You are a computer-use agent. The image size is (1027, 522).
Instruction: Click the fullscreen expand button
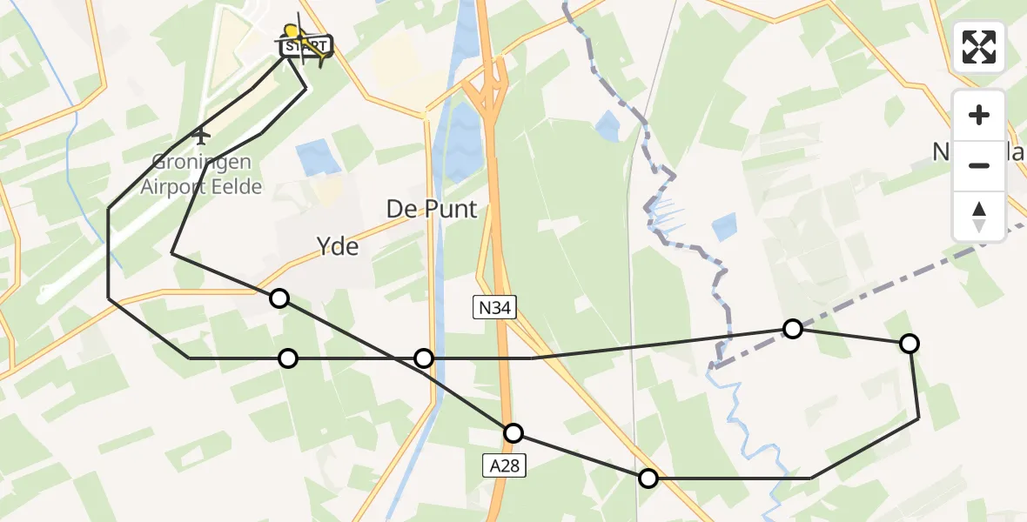point(979,47)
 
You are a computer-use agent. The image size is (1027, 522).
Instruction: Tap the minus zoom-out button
point(979,165)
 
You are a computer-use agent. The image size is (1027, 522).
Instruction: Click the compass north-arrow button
point(979,216)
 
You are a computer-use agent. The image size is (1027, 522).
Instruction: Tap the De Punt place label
point(433,210)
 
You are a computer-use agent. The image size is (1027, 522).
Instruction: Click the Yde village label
point(339,247)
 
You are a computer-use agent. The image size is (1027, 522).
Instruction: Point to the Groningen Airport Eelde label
point(202,174)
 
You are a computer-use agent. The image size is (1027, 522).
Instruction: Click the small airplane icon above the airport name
point(201,135)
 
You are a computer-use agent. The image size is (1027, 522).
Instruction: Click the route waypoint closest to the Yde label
point(279,298)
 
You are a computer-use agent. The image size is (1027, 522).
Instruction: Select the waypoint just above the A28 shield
point(513,432)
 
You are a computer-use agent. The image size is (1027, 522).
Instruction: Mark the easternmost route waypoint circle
point(909,344)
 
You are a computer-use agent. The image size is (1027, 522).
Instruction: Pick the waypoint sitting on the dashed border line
point(792,328)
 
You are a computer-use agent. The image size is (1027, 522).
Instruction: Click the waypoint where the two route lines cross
point(424,358)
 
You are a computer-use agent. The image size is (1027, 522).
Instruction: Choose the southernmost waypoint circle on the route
point(648,478)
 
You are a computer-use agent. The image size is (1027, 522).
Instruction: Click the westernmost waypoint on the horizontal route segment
point(287,358)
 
